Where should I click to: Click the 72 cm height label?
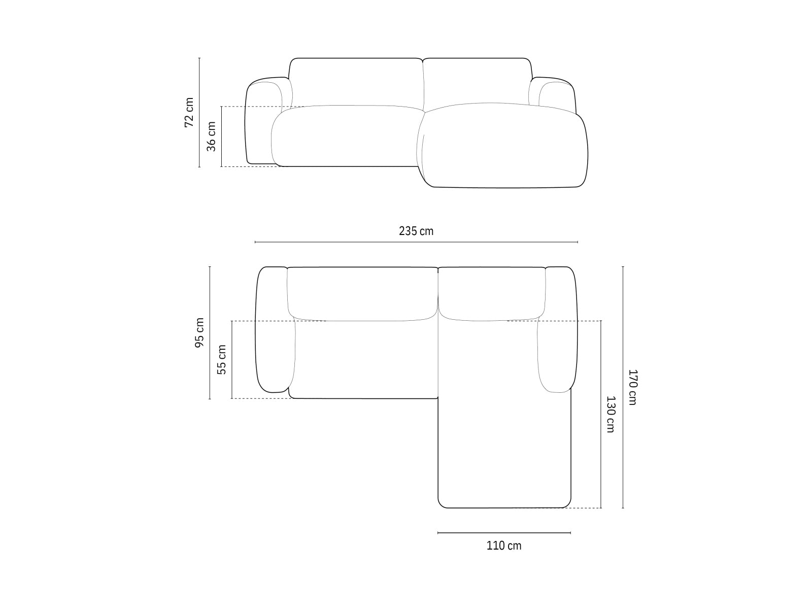189,112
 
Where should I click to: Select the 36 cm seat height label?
212,137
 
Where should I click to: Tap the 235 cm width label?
416,231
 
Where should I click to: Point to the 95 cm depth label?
199,333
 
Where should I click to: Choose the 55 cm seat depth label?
222,359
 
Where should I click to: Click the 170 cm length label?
632,387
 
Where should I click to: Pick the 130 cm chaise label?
611,414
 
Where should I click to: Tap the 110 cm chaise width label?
504,546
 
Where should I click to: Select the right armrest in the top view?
558,330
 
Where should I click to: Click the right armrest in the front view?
556,94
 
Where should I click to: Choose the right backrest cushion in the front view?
477,81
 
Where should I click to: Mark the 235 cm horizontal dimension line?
416,242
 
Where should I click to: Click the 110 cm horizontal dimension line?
504,532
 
